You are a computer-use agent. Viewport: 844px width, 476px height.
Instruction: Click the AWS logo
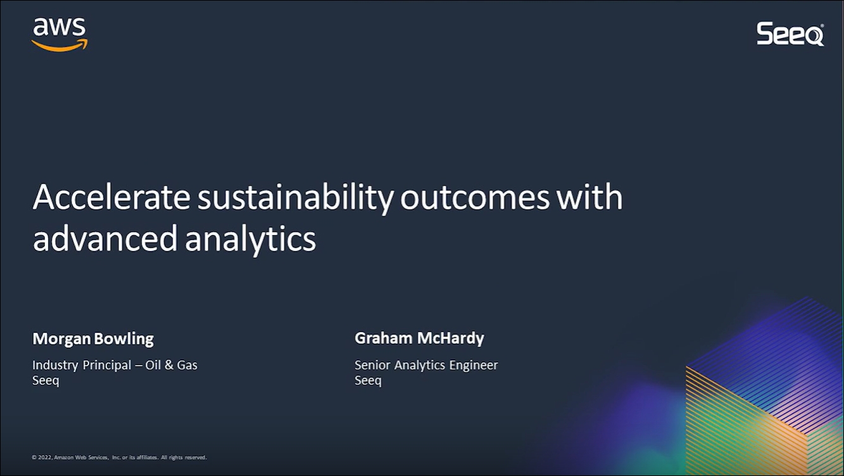[60, 34]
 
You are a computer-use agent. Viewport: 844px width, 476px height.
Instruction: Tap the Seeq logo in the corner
[790, 34]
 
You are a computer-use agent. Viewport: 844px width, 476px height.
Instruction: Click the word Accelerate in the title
[111, 197]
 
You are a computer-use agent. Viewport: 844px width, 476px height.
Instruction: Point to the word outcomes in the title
[475, 198]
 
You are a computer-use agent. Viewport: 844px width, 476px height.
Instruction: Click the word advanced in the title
[105, 238]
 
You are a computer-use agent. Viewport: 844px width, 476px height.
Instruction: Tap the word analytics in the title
[251, 240]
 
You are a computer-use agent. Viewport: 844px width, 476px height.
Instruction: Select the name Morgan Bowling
[93, 338]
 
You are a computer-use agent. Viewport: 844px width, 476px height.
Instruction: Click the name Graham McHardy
[419, 338]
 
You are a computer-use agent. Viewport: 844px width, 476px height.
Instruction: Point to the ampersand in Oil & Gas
[169, 365]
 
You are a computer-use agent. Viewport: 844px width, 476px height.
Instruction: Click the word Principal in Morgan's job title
[106, 365]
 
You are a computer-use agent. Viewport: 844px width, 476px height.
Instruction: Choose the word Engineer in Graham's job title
[474, 365]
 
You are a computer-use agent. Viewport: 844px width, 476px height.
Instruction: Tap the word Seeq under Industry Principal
[46, 380]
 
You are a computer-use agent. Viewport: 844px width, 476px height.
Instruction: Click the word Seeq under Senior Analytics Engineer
[368, 380]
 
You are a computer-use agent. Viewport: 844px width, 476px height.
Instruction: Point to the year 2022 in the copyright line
[45, 458]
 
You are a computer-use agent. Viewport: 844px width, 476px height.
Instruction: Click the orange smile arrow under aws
[60, 46]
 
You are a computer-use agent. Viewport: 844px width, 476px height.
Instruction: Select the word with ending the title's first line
[589, 197]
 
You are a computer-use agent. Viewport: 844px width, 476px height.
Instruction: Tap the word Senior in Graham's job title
[372, 365]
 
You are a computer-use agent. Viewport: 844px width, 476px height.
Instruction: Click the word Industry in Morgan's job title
[55, 365]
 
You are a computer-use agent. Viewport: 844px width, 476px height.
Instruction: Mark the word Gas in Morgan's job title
[187, 365]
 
